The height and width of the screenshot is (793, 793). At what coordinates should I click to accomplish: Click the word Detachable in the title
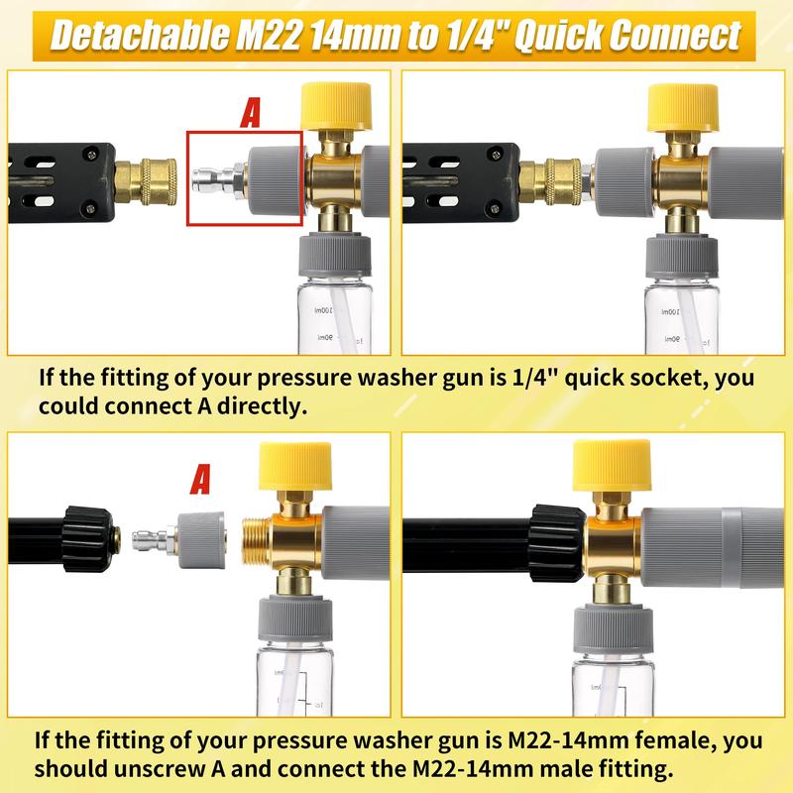[139, 36]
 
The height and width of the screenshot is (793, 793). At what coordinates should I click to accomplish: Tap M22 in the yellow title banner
[268, 36]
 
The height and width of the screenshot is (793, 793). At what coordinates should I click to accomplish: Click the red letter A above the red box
[251, 113]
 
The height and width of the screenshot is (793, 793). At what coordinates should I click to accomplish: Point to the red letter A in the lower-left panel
[201, 480]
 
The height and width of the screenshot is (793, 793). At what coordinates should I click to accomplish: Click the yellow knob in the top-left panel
[336, 106]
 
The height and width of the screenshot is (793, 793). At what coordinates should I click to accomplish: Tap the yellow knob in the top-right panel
[683, 107]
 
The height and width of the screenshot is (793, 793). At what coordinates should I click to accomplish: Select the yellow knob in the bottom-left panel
[295, 466]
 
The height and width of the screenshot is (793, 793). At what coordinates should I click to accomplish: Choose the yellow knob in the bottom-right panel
[612, 465]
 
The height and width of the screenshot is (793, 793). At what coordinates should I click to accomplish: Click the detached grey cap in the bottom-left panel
[201, 539]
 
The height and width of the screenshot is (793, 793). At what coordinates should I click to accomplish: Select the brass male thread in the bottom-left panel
[257, 541]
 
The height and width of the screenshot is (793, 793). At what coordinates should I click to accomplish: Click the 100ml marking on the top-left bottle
[324, 310]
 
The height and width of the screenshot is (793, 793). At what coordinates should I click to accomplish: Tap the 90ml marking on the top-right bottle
[672, 338]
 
